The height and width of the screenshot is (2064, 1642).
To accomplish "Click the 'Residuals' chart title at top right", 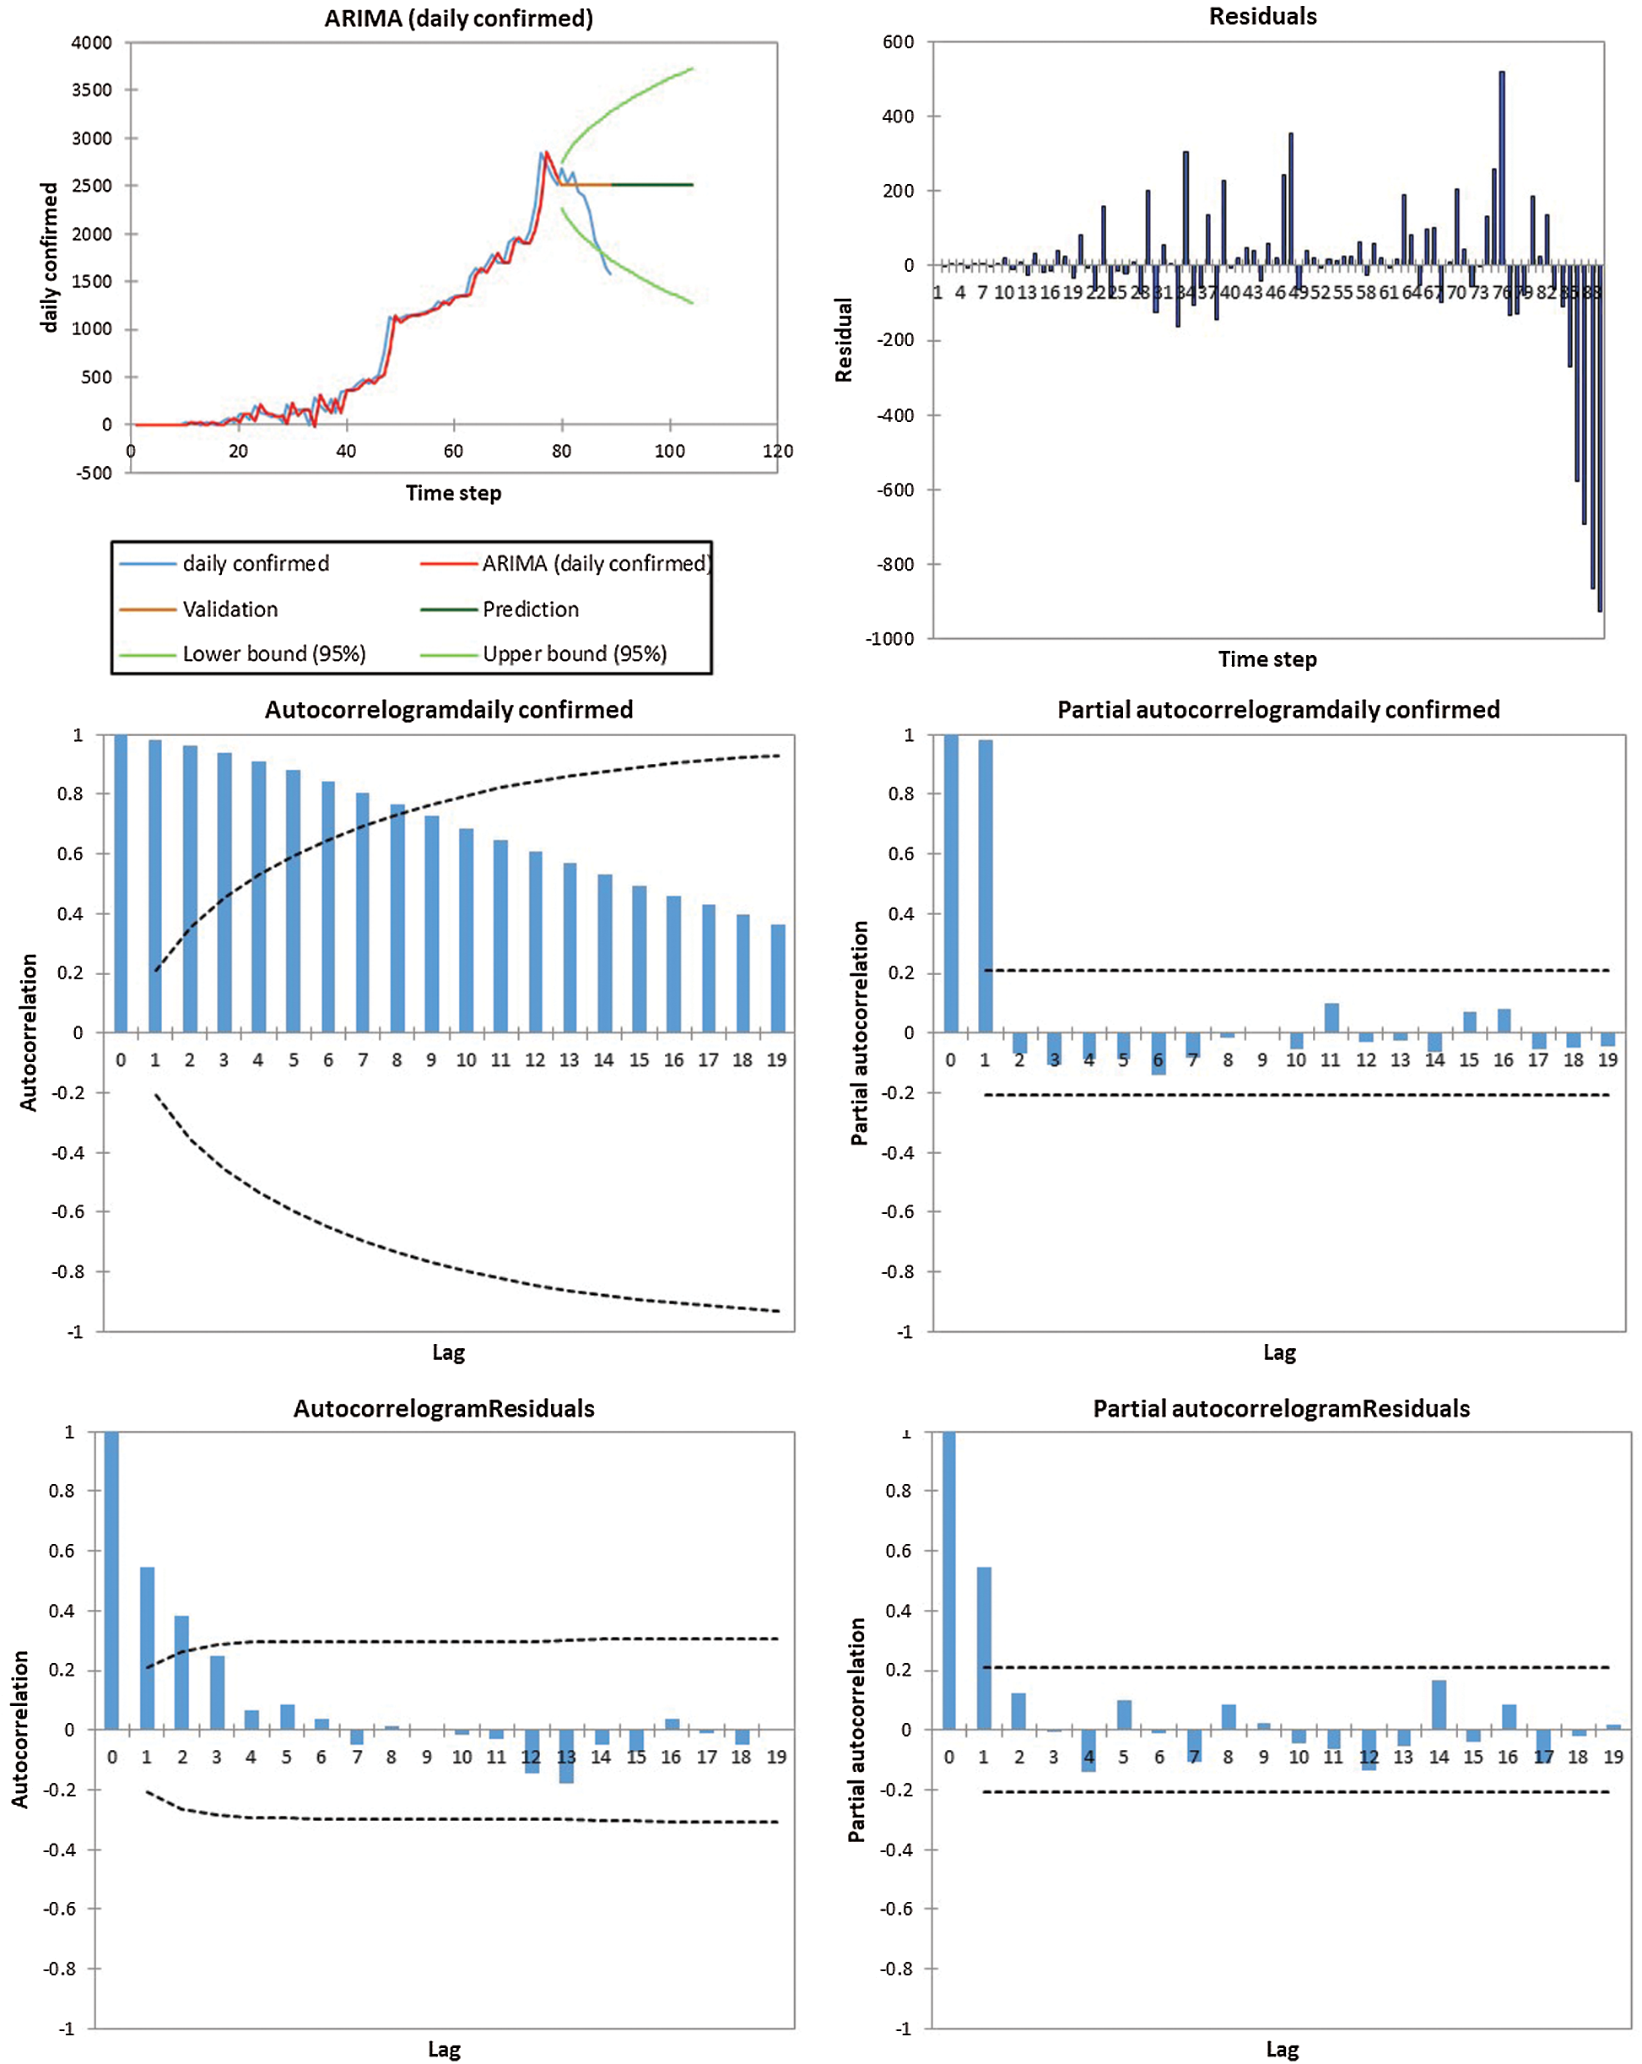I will [1262, 16].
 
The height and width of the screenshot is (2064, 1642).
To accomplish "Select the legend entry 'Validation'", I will [230, 609].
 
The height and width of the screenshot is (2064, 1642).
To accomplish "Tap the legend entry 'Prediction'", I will [530, 609].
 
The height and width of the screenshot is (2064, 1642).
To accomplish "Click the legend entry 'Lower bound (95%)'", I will [273, 654].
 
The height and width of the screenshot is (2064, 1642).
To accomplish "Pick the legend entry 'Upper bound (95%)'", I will [574, 654].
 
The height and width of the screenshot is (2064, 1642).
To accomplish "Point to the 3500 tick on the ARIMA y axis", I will [92, 90].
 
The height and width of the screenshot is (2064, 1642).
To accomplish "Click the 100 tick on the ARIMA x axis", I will [669, 451].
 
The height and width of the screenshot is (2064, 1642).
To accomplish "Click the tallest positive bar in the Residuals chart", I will [1501, 167].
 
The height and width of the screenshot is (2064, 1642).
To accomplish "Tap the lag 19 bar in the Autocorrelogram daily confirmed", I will [778, 978].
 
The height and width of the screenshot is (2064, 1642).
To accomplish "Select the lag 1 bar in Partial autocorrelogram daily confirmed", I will [985, 886].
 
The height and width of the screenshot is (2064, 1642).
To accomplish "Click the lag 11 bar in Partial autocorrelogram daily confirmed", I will [1331, 1017].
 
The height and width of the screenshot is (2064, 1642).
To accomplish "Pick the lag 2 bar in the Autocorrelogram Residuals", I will [181, 1672].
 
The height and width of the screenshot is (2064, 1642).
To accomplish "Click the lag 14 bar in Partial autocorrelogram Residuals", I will [1438, 1705].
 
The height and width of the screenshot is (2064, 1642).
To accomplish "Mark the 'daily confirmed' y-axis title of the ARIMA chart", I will [49, 257].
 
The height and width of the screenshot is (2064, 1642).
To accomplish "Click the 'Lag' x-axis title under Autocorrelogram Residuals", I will [444, 2050].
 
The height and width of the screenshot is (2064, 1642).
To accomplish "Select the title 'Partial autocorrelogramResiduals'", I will [1280, 1408].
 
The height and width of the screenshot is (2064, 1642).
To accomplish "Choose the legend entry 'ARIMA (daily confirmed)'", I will [595, 564].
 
